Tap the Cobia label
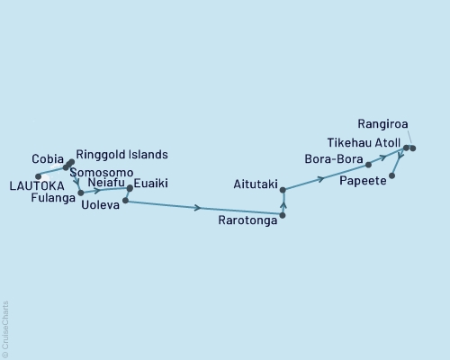[x=47, y=155]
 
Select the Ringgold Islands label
[x=121, y=154]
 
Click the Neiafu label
[x=107, y=183]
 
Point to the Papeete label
[x=364, y=181]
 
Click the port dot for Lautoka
[x=37, y=175]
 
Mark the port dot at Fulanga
[x=81, y=193]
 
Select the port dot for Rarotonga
[x=283, y=217]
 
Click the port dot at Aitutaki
[x=283, y=190]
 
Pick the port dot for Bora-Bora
[x=368, y=165]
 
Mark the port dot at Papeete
[x=391, y=175]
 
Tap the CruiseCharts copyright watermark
[x=5, y=326]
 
